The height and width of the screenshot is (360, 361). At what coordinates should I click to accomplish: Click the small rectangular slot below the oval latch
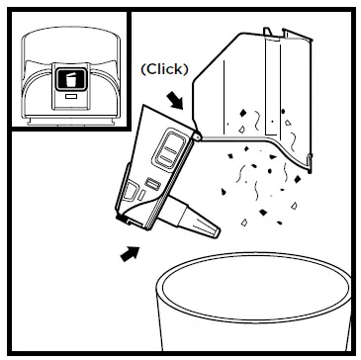tap(152, 184)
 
